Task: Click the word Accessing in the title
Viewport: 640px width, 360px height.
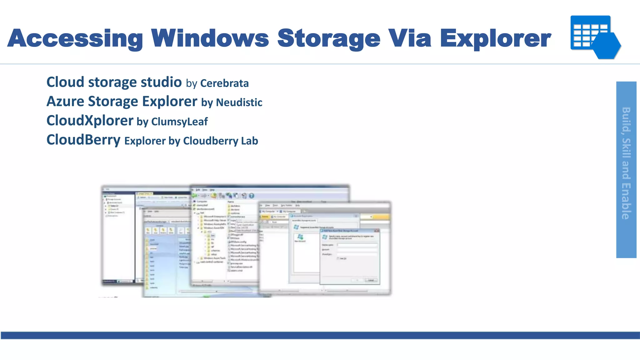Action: click(x=75, y=38)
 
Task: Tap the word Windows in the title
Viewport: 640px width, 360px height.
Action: click(x=210, y=38)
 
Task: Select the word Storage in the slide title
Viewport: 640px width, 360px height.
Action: click(x=329, y=38)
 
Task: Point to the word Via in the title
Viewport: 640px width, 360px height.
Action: click(x=410, y=38)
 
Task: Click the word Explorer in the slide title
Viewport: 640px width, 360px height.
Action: click(x=495, y=38)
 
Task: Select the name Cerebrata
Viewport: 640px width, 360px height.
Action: click(x=224, y=83)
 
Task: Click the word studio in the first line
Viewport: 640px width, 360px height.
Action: click(x=161, y=82)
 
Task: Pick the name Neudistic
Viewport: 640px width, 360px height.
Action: click(x=239, y=102)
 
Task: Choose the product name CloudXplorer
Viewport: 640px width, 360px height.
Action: click(x=90, y=121)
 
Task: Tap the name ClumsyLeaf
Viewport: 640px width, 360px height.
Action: click(x=179, y=122)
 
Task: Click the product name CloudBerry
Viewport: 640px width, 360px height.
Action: click(x=83, y=140)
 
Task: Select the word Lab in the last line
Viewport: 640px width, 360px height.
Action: click(x=249, y=141)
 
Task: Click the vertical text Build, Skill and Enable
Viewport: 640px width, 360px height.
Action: click(x=626, y=163)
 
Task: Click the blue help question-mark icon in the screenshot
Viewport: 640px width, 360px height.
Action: click(x=252, y=196)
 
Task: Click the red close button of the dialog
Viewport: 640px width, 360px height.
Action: click(x=377, y=231)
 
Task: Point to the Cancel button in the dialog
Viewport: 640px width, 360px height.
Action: click(x=371, y=280)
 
